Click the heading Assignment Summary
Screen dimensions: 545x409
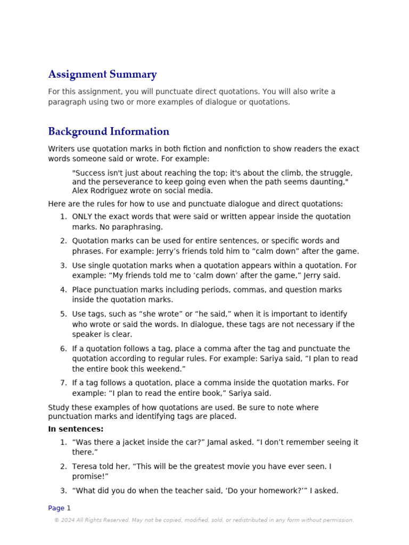point(102,75)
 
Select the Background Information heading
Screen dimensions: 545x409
point(109,131)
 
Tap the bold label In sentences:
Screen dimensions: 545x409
point(76,429)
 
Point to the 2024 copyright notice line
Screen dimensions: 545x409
point(204,520)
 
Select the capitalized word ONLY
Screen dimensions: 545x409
point(83,217)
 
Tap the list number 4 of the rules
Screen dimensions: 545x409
point(63,290)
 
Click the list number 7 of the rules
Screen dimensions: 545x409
point(63,383)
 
